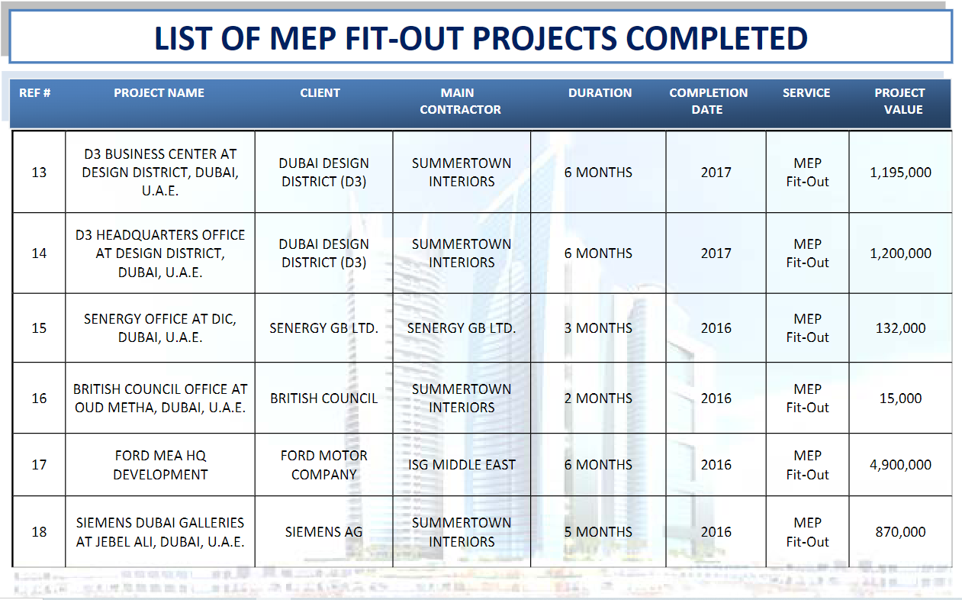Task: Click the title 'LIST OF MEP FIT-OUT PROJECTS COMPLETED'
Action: coord(481,38)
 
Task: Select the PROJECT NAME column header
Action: coord(159,93)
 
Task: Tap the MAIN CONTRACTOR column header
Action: coord(460,101)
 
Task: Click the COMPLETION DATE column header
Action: coord(708,101)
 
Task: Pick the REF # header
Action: coord(35,93)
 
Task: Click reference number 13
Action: coord(39,173)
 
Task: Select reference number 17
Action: coord(39,465)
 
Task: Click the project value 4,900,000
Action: coord(900,465)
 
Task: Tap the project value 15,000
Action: coord(900,398)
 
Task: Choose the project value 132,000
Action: coord(900,328)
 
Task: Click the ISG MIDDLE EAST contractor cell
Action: coord(462,465)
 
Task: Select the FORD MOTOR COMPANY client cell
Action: coord(323,465)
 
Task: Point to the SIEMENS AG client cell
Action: coord(323,532)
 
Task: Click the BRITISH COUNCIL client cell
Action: coord(323,398)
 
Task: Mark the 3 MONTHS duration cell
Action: coord(598,328)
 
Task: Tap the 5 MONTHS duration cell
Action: coord(598,532)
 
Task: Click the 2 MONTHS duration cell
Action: coord(598,398)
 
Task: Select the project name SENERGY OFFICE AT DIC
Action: coord(160,328)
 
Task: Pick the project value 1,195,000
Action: coord(900,173)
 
